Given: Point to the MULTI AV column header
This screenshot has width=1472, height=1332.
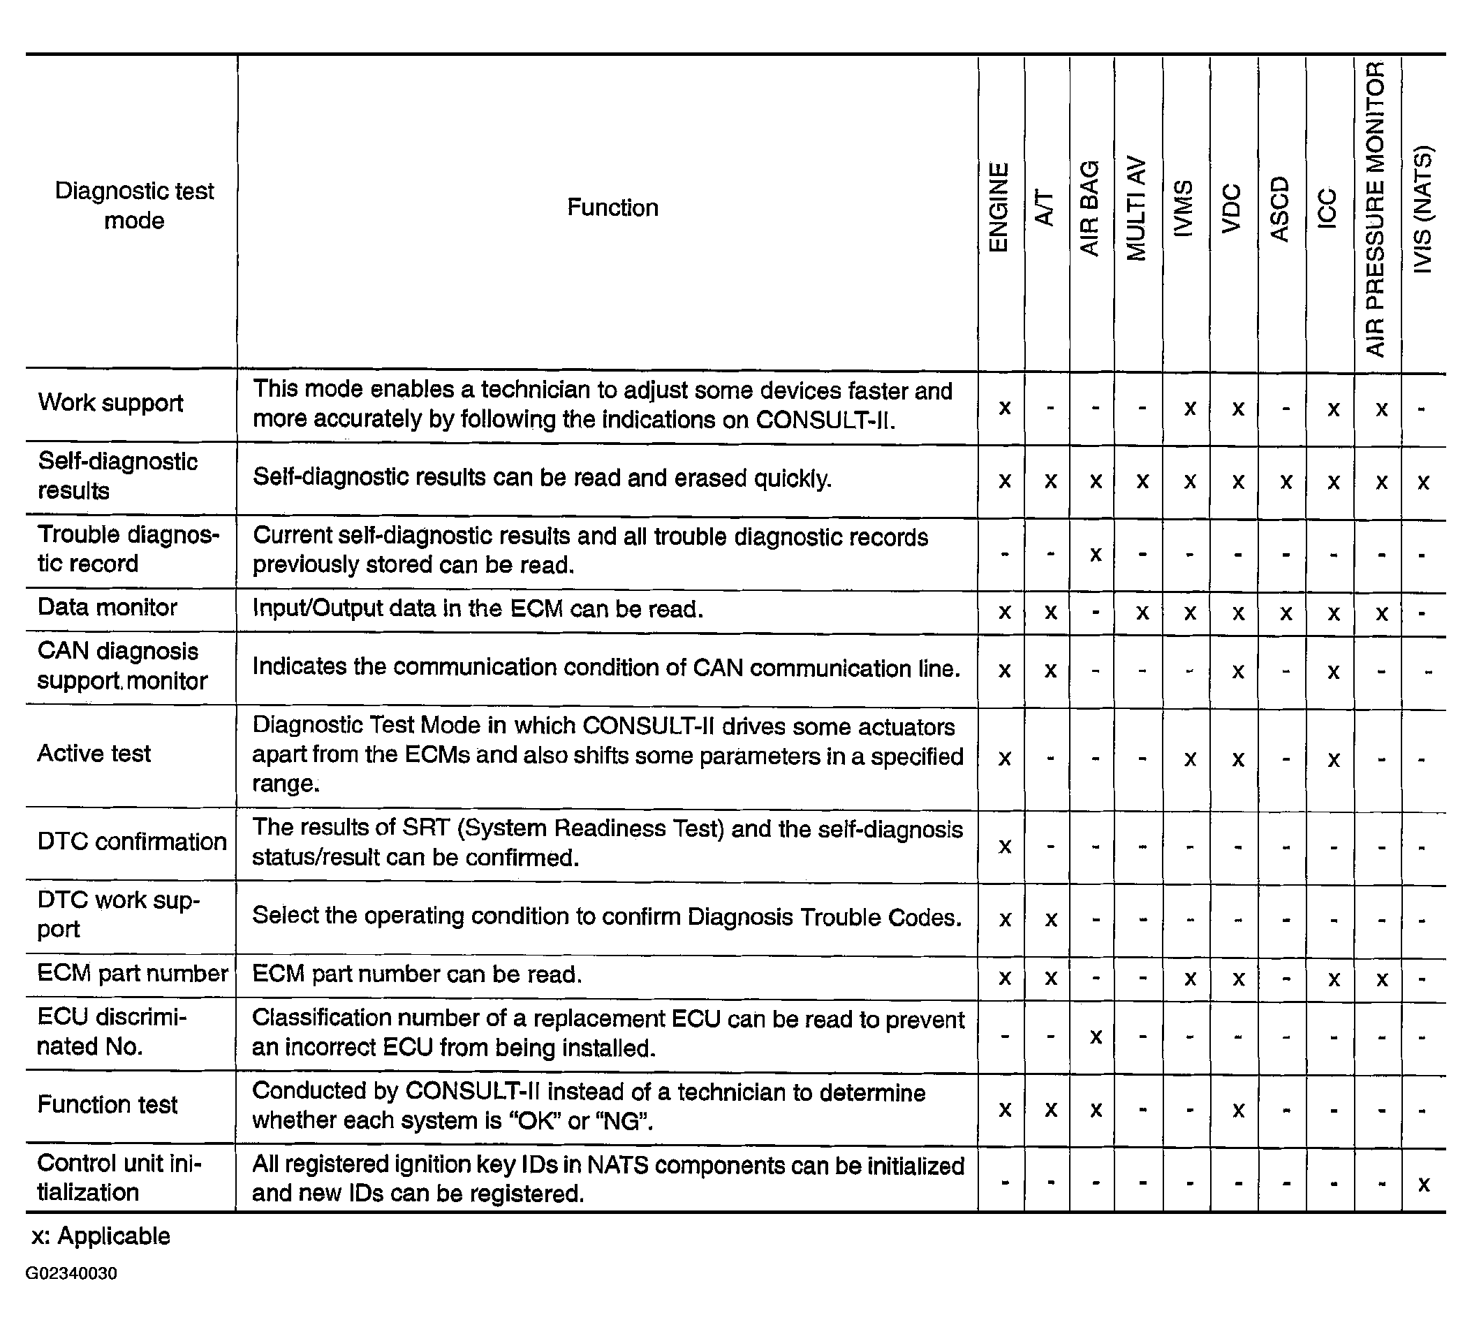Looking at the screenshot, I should pos(1136,209).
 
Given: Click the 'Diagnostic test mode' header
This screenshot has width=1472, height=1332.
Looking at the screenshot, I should pos(134,206).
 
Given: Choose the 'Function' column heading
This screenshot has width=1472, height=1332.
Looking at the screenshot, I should pos(612,208).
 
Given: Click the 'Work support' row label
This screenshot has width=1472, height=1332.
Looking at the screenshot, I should pos(110,403).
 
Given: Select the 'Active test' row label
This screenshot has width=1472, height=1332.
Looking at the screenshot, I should pos(94,754).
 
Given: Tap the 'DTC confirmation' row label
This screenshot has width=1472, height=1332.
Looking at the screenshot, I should pos(132,842).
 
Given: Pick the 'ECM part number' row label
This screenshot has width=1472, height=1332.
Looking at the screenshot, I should pos(133,974).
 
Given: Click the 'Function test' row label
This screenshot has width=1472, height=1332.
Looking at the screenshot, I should pos(108,1105).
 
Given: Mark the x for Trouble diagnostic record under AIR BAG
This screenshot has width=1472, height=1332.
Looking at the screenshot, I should pos(1095,555).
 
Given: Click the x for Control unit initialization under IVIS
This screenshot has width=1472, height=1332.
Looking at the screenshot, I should pos(1423,1185).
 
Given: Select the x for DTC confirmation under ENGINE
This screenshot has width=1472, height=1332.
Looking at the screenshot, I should pos(1005,847).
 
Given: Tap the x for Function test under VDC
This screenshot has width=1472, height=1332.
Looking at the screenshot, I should pos(1238,1111).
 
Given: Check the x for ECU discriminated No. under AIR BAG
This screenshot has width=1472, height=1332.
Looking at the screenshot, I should pos(1095,1037).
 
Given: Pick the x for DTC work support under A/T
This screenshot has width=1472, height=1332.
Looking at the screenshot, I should pos(1051,920).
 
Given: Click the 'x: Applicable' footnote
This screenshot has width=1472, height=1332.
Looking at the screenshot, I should pos(101,1236).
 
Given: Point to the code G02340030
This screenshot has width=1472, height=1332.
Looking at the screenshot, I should pos(71,1273).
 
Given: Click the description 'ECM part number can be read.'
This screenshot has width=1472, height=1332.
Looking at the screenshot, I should pos(417,975).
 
